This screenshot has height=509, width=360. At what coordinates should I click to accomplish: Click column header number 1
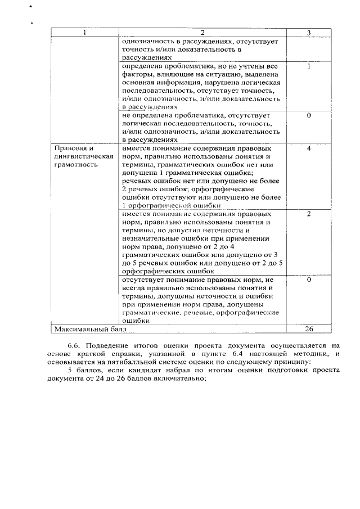coord(84,33)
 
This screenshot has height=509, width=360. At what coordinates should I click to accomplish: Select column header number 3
coord(309,33)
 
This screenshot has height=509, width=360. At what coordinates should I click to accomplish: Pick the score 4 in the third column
coord(309,148)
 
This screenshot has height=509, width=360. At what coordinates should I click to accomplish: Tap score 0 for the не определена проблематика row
coord(309,115)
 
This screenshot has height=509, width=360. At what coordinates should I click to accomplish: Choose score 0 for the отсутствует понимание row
coord(309,280)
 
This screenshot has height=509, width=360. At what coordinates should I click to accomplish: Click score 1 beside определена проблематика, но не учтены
coord(309,66)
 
